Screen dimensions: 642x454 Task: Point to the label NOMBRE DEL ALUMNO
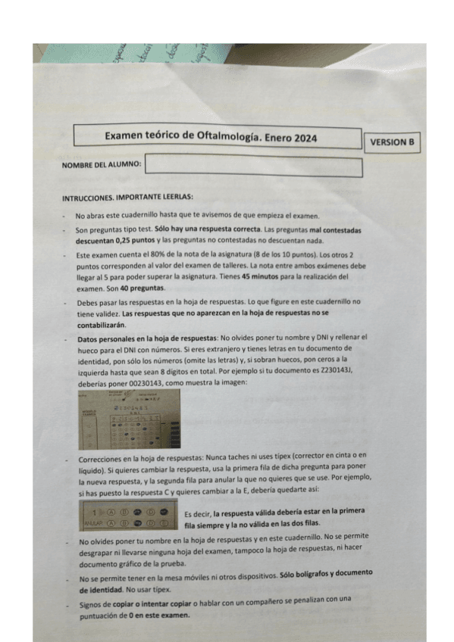101,164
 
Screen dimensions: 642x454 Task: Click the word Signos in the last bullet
92,603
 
